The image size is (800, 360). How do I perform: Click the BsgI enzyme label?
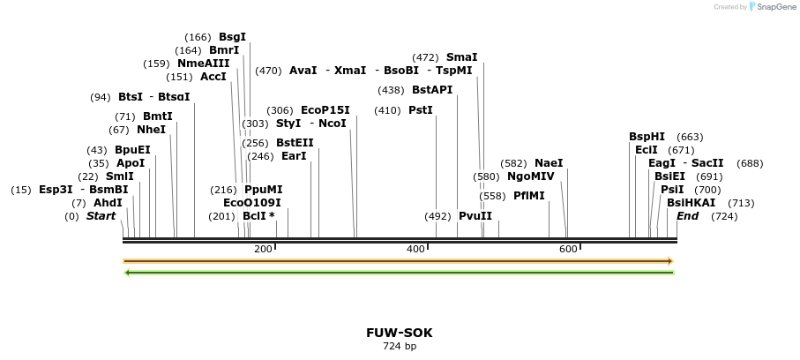232,37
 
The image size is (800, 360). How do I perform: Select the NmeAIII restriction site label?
203,64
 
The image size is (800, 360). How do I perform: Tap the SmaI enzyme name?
461,57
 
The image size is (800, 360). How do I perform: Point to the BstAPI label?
431,90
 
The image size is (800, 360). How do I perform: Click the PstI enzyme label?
421,110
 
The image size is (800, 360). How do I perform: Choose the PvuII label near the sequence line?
475,216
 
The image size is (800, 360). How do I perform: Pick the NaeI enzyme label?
548,163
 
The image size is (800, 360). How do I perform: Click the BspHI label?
647,137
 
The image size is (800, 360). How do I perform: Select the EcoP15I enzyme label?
325,110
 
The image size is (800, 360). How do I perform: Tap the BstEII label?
295,143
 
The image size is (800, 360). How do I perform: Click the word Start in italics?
101,216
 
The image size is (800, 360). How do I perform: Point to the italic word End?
687,216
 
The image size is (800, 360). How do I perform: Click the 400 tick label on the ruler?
416,250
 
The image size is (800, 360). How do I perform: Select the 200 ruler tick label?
263,250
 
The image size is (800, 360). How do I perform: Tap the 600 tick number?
569,250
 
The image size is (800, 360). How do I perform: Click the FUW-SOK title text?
400,333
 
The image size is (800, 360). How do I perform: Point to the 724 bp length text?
400,346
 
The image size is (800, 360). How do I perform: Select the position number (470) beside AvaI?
268,71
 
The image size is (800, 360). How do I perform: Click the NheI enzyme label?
151,130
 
